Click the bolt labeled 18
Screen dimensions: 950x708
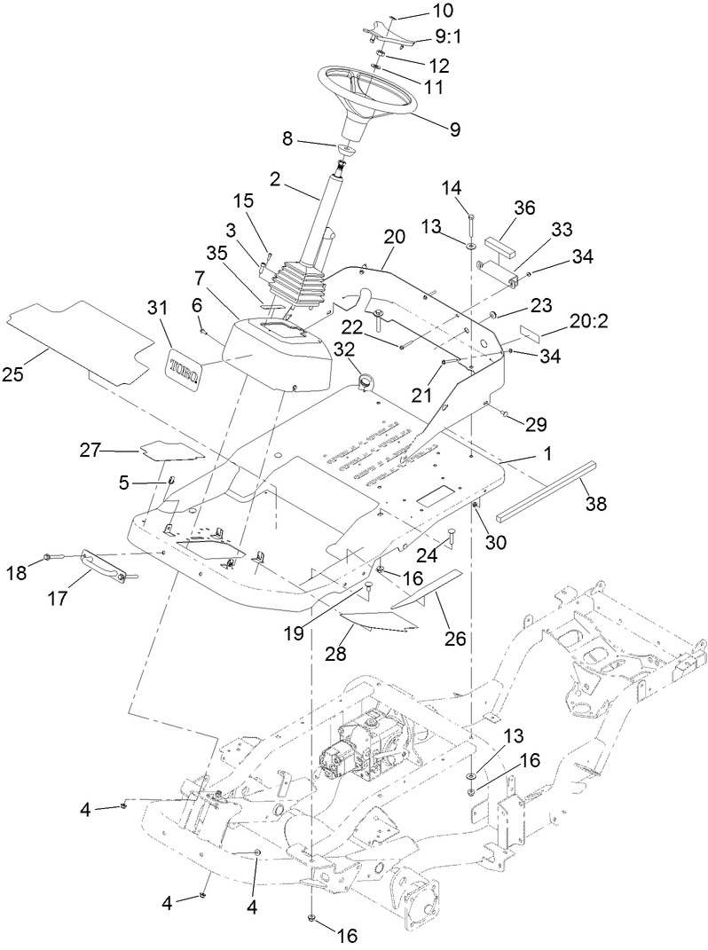[x=51, y=558]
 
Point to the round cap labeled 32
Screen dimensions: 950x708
[x=364, y=381]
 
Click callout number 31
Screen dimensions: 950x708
[x=157, y=308]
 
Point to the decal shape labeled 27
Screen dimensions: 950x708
[x=169, y=452]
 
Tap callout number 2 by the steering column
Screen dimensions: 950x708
[x=276, y=180]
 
